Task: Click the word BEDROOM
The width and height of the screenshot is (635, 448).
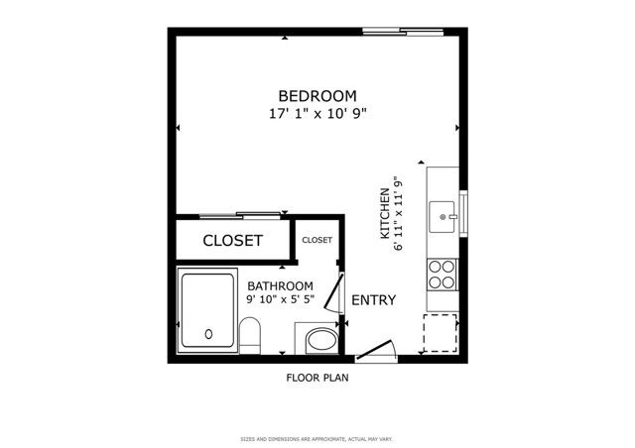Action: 317,96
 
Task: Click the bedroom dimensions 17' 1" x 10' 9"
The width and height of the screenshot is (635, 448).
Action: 317,114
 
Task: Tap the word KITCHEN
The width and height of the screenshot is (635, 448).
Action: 385,214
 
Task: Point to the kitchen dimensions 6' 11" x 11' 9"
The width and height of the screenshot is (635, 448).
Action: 398,214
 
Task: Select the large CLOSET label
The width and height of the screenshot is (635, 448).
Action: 232,241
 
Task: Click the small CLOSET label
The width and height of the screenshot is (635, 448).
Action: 317,240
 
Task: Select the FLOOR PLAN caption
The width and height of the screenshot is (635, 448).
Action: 317,378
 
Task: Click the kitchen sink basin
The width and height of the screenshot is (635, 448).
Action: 443,214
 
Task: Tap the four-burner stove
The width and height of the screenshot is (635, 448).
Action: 442,275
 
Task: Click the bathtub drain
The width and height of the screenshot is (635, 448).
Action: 208,335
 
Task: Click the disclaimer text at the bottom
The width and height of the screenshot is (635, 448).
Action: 317,439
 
